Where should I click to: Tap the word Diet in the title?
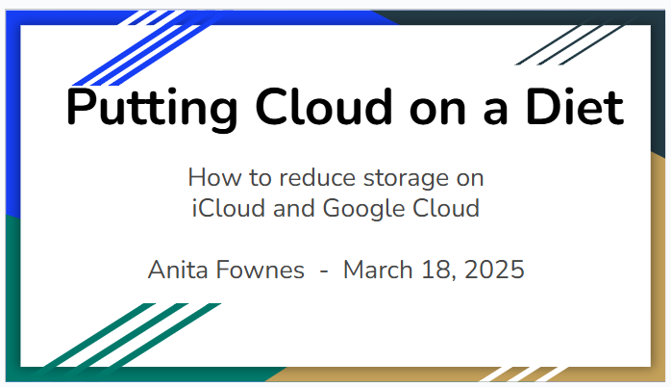tap(575, 106)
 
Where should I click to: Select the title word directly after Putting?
tap(324, 106)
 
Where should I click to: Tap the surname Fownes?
tap(260, 270)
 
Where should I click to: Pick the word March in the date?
tap(378, 270)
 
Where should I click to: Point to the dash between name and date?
tap(324, 271)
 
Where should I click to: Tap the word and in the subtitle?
tap(294, 208)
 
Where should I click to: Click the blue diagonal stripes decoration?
tap(145, 48)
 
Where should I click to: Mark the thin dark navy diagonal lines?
tap(569, 45)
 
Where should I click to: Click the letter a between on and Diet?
tap(495, 112)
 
